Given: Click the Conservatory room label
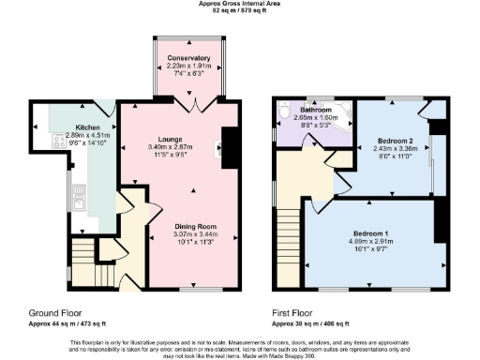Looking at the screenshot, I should (x=188, y=58).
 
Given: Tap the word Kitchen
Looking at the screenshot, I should (x=88, y=126).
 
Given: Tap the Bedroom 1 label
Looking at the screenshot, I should (x=371, y=232).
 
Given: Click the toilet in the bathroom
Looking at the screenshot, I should (x=284, y=114).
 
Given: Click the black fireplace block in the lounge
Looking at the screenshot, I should (x=228, y=145).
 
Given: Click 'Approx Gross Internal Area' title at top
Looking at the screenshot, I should (x=240, y=4).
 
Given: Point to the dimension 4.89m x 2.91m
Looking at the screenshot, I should (x=371, y=241).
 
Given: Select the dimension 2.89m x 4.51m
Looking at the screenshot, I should (x=88, y=134).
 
